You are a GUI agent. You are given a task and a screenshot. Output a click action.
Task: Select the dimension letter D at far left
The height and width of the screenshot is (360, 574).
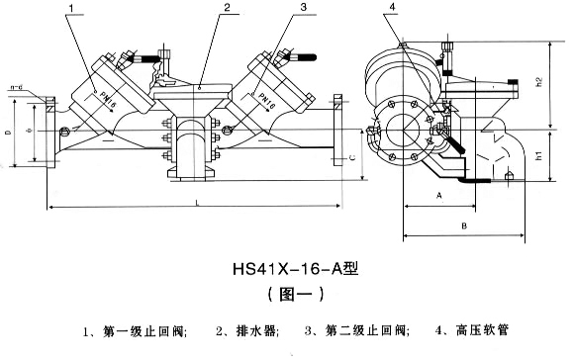(9, 132)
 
